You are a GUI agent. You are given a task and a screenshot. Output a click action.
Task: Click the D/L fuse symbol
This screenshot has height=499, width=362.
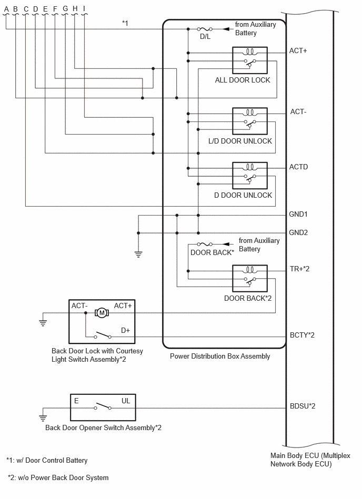pyautogui.click(x=205, y=29)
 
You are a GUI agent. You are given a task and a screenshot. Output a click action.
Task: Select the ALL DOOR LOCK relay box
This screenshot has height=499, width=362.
pyautogui.click(x=250, y=60)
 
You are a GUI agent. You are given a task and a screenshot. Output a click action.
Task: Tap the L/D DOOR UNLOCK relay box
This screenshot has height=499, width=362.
pyautogui.click(x=250, y=121)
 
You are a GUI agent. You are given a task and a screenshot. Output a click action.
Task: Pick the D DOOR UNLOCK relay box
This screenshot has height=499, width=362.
pyautogui.click(x=250, y=176)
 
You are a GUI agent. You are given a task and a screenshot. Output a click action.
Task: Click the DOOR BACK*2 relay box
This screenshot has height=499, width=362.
pyautogui.click(x=250, y=279)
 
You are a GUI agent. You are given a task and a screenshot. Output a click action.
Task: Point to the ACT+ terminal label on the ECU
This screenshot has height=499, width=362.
pyautogui.click(x=298, y=50)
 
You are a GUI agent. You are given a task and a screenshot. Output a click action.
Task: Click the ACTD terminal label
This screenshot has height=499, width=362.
pyautogui.click(x=298, y=167)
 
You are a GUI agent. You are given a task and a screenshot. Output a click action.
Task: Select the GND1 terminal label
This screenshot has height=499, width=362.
pyautogui.click(x=298, y=214)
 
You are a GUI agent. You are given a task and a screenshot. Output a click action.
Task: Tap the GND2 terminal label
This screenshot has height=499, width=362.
pyautogui.click(x=298, y=232)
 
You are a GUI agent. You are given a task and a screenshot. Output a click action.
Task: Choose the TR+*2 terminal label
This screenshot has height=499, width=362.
pyautogui.click(x=299, y=269)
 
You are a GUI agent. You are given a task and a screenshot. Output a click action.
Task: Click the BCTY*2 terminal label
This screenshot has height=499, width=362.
pyautogui.click(x=302, y=335)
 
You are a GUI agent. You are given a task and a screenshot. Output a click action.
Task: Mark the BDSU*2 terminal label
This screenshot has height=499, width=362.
pyautogui.click(x=303, y=406)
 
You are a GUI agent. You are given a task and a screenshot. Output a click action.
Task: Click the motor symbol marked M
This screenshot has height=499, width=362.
pyautogui.click(x=102, y=313)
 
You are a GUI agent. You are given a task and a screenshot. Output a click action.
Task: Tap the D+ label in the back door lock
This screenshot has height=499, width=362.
pyautogui.click(x=125, y=330)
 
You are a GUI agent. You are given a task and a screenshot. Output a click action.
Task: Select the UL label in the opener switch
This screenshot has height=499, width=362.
pyautogui.click(x=126, y=401)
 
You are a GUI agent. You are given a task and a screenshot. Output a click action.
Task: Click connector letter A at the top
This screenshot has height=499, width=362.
pyautogui.click(x=6, y=9)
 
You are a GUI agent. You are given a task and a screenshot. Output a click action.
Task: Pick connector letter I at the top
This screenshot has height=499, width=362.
pyautogui.click(x=84, y=8)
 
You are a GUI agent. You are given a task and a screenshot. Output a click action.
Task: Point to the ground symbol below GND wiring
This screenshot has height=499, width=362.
pyautogui.click(x=138, y=254)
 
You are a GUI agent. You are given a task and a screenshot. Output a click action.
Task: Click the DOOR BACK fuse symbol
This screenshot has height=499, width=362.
pyautogui.click(x=205, y=244)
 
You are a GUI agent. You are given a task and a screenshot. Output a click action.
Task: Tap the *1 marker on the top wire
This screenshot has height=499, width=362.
pyautogui.click(x=125, y=23)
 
